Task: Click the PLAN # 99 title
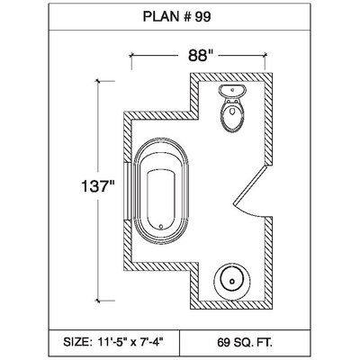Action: [x=176, y=17]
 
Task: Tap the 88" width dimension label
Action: [x=198, y=56]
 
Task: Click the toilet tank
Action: [x=232, y=91]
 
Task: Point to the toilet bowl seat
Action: [x=232, y=116]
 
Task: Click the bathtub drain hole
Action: [x=161, y=227]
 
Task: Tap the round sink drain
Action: [x=232, y=282]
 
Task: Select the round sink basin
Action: [x=232, y=281]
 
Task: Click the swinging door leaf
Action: [x=250, y=185]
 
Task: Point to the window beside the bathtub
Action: [x=128, y=192]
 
